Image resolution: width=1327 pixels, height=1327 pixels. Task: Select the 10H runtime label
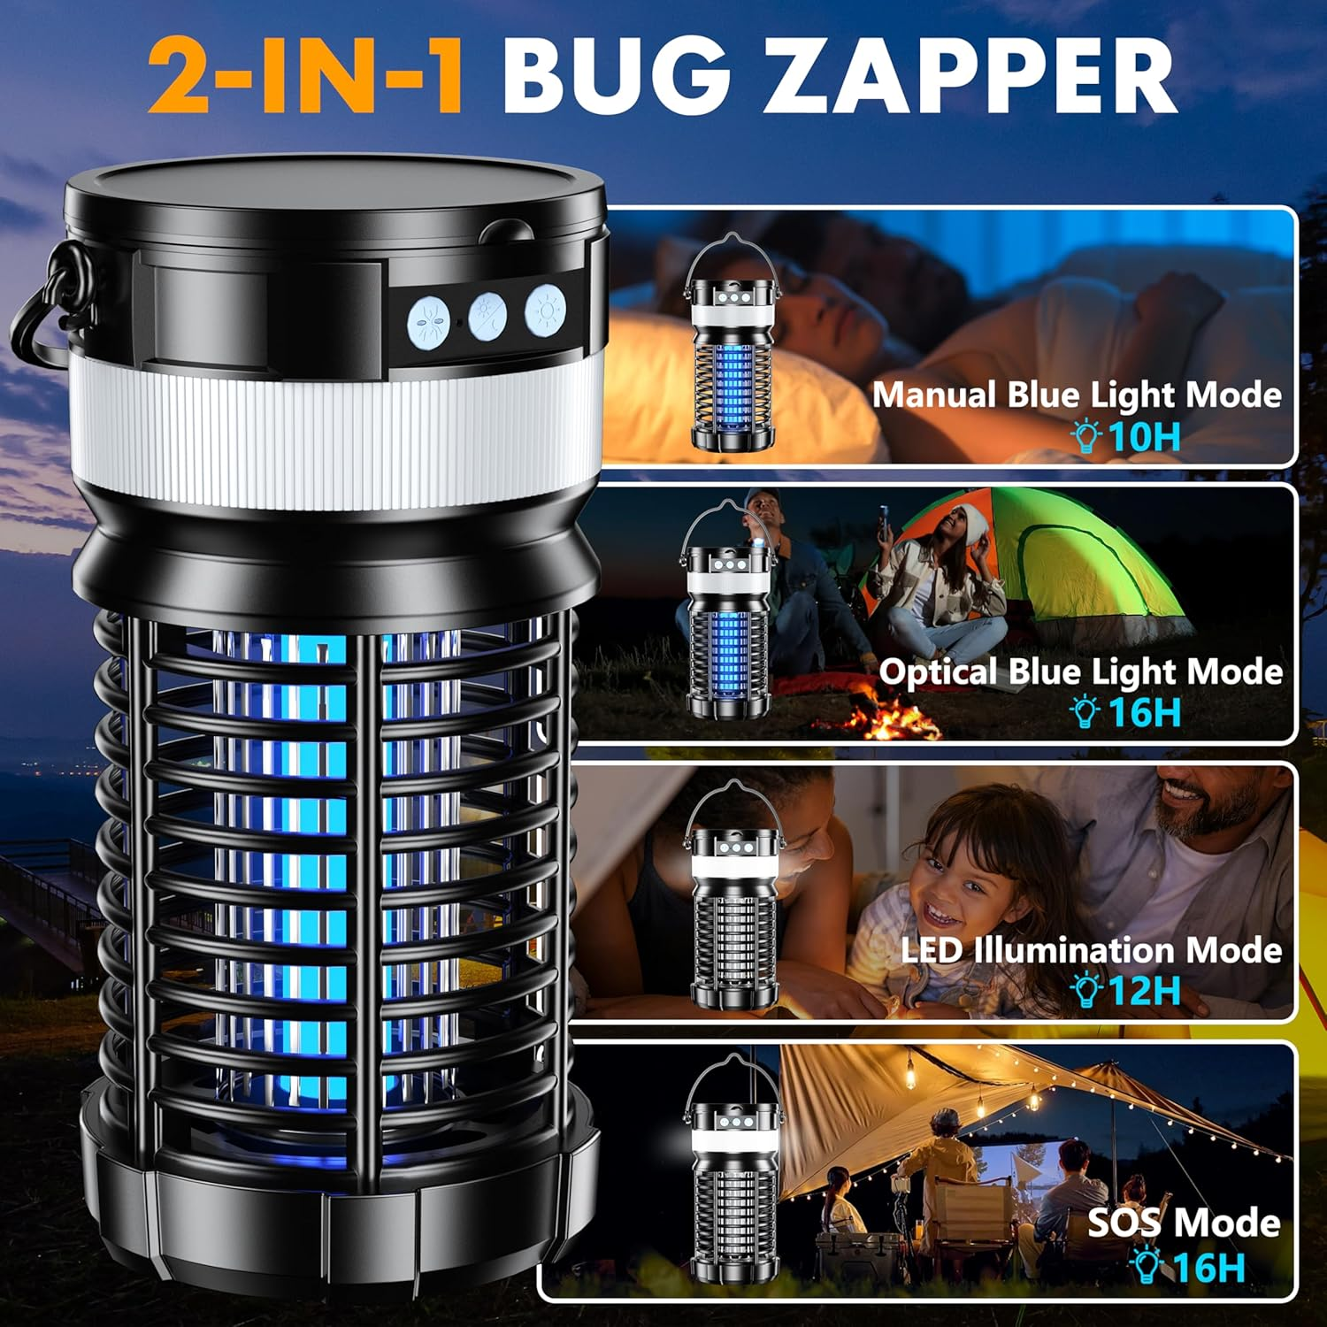point(1144,437)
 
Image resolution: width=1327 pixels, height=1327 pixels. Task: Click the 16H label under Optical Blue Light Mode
point(1144,712)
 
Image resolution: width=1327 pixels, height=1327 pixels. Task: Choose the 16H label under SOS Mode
point(1208,1267)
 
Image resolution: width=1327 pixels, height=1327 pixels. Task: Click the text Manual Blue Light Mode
point(1077,395)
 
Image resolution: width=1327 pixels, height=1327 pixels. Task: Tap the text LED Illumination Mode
point(1091,950)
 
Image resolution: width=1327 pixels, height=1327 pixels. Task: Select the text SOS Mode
point(1184,1223)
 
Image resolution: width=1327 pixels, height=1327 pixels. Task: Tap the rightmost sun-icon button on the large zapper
point(546,310)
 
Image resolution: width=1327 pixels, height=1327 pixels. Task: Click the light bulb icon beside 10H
point(1085,437)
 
